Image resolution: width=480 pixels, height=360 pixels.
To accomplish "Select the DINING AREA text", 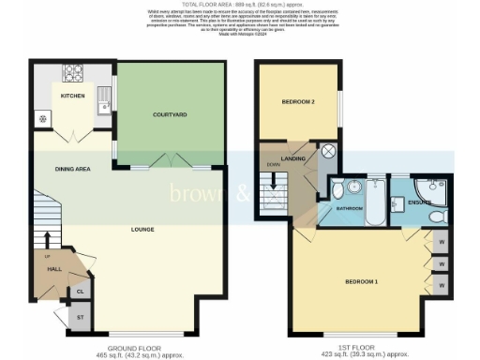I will pos(59,170).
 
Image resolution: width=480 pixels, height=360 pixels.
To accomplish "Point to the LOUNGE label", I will pos(142,229).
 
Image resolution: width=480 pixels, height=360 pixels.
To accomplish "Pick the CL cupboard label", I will pos(81,292).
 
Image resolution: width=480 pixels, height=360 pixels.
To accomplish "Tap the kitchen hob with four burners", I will pos(73,72).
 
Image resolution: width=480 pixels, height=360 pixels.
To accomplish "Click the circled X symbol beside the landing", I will pos(328,150).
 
